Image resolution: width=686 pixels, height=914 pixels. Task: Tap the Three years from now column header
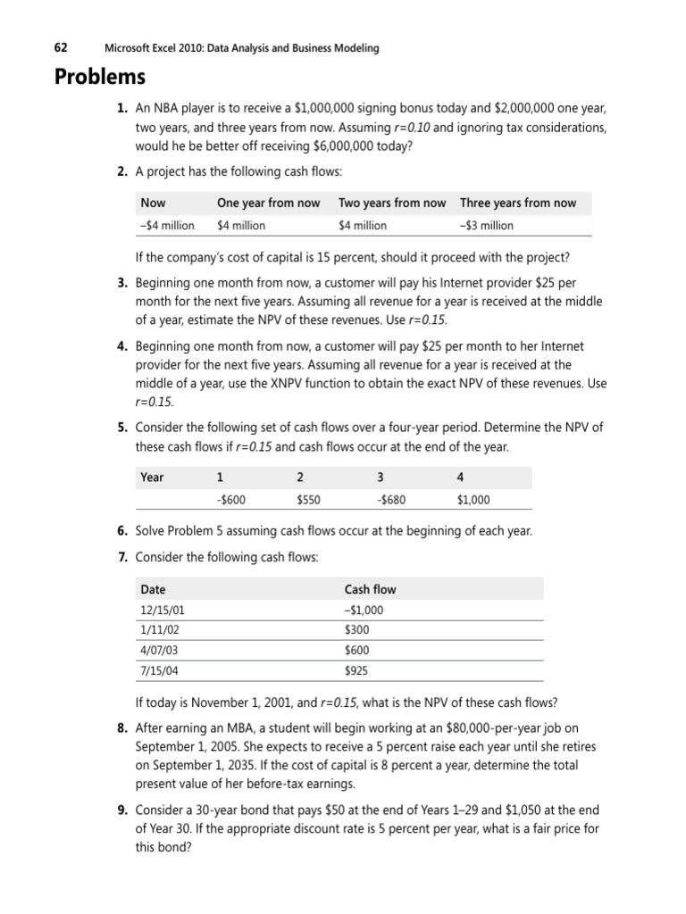[x=518, y=203]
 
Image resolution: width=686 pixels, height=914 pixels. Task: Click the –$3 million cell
[x=487, y=226]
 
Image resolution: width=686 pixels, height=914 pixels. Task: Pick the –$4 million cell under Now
[x=167, y=226]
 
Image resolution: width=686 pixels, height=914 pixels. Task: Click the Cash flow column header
[x=370, y=589]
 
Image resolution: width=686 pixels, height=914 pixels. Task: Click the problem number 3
[x=121, y=282]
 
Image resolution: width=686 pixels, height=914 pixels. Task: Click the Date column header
[x=153, y=589]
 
